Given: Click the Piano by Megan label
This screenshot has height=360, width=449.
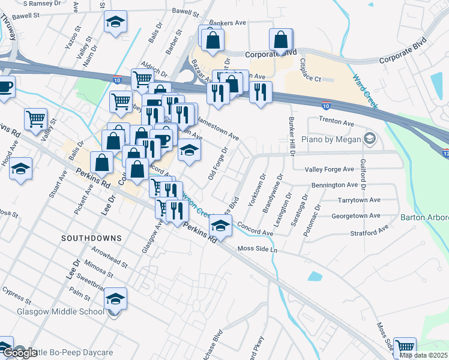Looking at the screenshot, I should pos(335,139).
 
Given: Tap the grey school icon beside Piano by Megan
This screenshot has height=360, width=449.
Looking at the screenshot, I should pos(369,139).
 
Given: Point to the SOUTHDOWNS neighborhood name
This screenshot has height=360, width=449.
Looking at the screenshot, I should pos(91,238).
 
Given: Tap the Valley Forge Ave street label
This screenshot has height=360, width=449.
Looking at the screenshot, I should pos(330,170).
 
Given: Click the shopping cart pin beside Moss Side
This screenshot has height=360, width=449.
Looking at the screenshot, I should pos(405,347).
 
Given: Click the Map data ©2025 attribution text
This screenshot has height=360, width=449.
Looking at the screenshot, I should pos(423,355).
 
